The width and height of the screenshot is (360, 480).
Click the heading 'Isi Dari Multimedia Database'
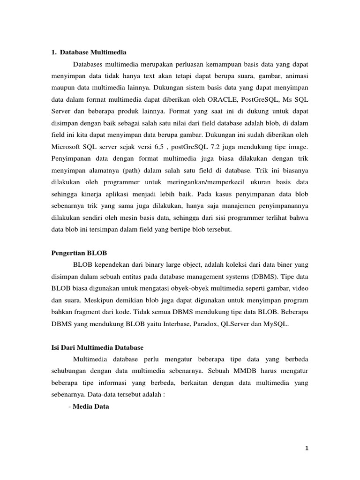coord(97,347)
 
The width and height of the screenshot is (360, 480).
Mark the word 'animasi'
coord(296,75)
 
